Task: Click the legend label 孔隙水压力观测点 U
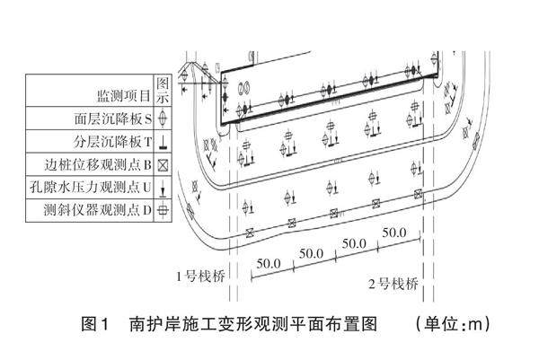99,189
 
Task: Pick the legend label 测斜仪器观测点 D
101,212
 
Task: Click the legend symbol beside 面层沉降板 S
163,117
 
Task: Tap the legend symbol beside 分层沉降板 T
163,141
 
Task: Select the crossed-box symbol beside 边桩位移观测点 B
163,165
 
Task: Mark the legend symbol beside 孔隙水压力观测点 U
163,189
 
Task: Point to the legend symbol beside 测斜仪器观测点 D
163,212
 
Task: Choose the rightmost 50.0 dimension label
394,233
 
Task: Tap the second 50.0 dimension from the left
311,253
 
